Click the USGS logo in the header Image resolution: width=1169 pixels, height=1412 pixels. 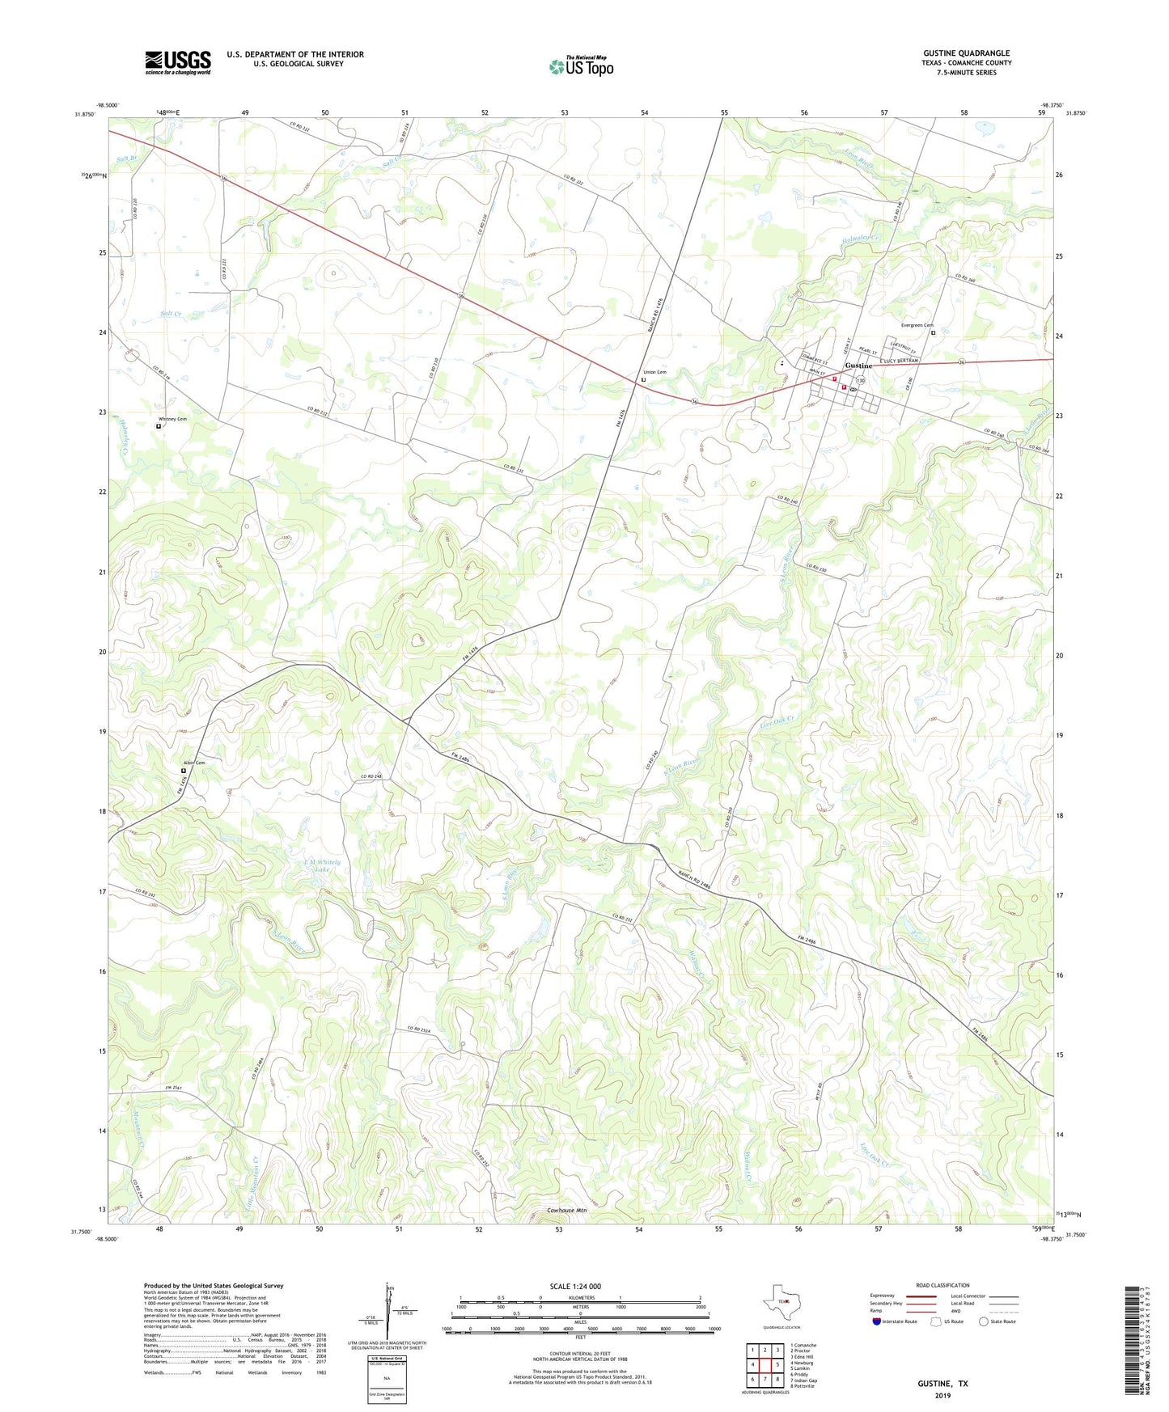[178, 62]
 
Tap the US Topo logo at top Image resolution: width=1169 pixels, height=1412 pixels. [581, 66]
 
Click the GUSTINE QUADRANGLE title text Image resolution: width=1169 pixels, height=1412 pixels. [966, 53]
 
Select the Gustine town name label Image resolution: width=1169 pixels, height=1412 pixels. [858, 366]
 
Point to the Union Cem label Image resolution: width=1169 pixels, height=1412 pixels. [654, 372]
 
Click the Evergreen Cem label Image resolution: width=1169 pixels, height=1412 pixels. [917, 325]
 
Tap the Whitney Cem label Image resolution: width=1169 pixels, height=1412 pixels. [172, 419]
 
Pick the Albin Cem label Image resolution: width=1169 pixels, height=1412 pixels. [193, 763]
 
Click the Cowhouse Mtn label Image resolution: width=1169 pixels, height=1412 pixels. [566, 1211]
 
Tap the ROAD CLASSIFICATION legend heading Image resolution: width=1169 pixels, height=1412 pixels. [942, 1285]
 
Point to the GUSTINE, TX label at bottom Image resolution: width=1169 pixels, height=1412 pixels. [942, 1384]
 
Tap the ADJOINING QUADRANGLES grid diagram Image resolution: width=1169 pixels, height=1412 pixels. [764, 1367]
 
